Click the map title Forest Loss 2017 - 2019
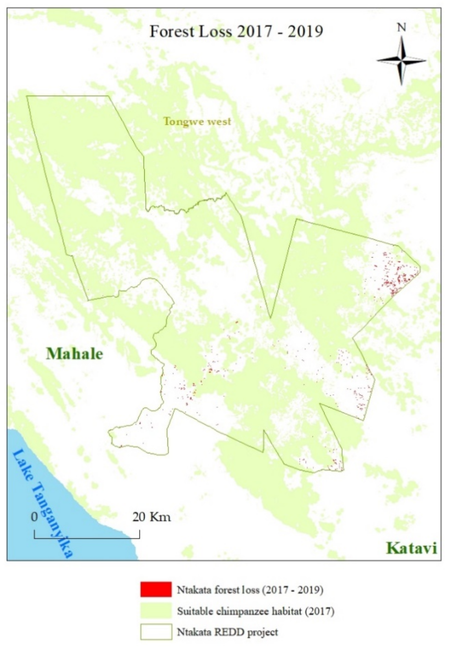[x=236, y=31]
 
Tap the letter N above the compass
[x=401, y=28]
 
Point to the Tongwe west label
[x=197, y=121]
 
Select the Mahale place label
[x=74, y=354]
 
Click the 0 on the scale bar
[x=34, y=517]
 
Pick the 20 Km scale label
[x=151, y=517]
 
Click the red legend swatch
[x=156, y=589]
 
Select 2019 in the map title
[x=306, y=31]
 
